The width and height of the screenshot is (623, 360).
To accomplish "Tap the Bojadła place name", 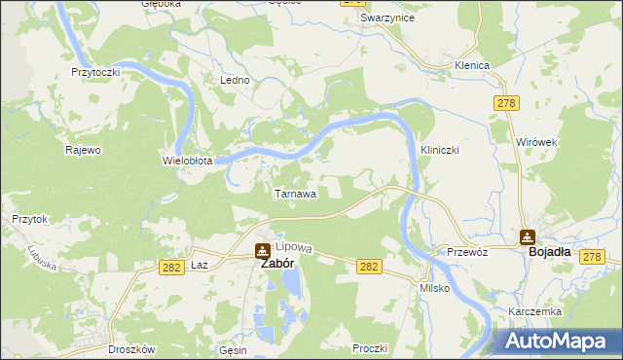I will (x=550, y=251).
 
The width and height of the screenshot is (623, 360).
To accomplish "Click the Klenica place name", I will (x=471, y=65).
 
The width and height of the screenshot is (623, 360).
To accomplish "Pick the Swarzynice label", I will (x=384, y=18).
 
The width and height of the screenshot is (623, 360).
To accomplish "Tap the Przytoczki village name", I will (x=95, y=72).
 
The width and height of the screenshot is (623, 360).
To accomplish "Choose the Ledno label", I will (x=236, y=80).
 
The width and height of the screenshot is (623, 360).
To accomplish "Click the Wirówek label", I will (x=536, y=142).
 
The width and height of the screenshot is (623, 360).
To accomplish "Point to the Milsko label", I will (x=433, y=289).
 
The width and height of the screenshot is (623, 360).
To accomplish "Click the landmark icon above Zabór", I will (x=263, y=248).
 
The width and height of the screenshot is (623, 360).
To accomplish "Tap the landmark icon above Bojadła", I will (x=528, y=235).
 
